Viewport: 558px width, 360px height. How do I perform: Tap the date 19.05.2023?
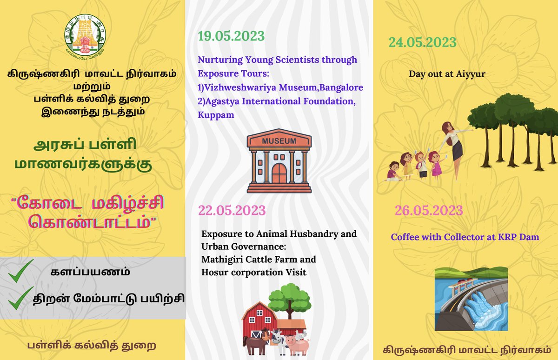(x=231, y=36)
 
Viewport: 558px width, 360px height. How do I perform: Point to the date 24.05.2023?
(x=422, y=42)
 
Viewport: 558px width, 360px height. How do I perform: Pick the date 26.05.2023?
(x=429, y=211)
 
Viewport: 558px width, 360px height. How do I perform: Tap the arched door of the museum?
(x=279, y=173)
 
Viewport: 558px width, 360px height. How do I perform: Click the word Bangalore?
(x=341, y=87)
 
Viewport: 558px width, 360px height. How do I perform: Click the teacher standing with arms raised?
(x=452, y=144)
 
